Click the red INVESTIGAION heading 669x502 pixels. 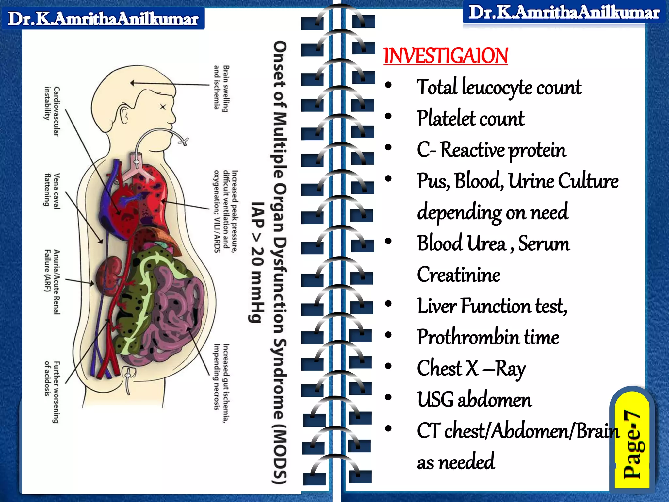tap(446, 56)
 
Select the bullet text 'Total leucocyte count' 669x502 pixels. tap(499, 88)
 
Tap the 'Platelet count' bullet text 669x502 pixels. tap(471, 118)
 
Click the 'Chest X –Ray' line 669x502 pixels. tap(471, 368)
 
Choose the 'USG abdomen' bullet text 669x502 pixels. tap(474, 400)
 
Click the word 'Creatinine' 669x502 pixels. tap(458, 275)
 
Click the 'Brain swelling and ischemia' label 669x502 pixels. tap(221, 88)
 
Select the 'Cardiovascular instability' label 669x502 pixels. tap(52, 111)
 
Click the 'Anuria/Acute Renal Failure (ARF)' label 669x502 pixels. tap(52, 282)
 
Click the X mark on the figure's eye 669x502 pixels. tap(163, 107)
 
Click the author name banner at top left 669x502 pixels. tap(103, 19)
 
